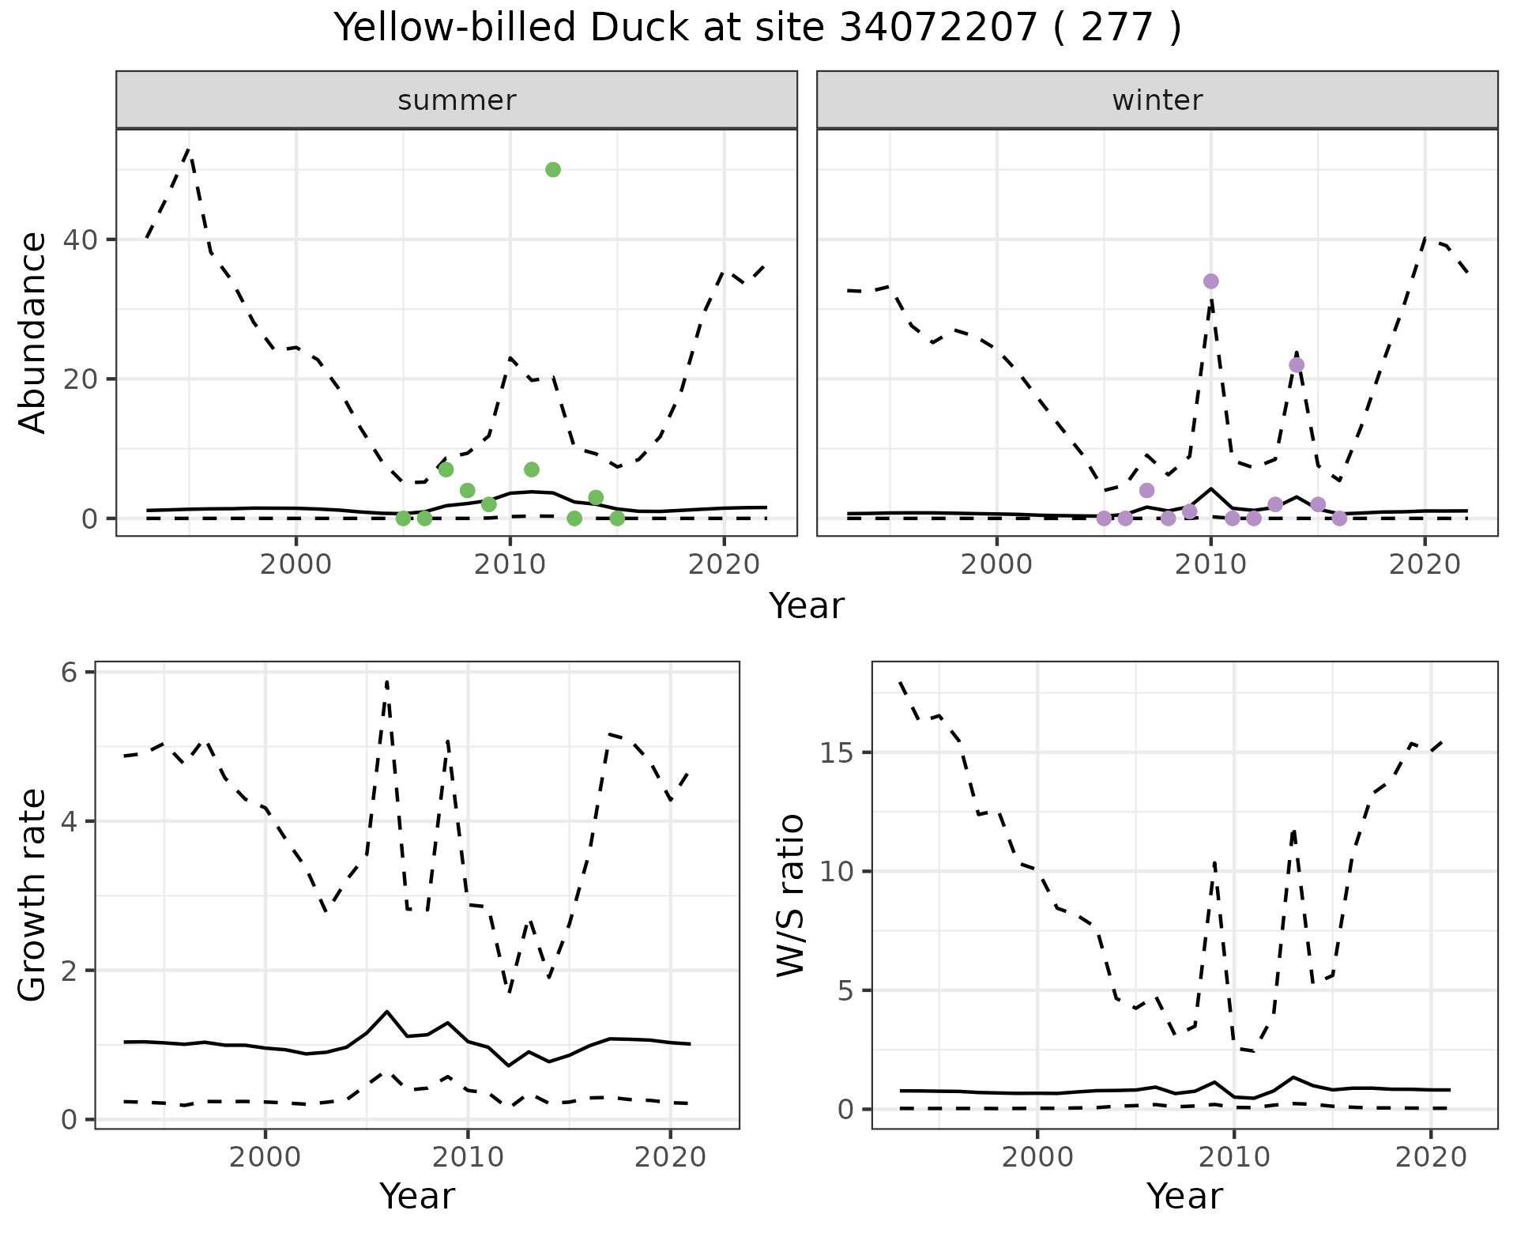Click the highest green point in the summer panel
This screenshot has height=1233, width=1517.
tap(553, 170)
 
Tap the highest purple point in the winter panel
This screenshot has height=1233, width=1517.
tap(1210, 281)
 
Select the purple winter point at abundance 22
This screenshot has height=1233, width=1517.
tap(1297, 365)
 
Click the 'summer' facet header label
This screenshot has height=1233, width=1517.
tap(457, 100)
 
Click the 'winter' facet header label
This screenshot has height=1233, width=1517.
tap(1158, 100)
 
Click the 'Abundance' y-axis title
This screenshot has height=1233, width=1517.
tap(33, 333)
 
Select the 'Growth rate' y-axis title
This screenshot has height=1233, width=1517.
tap(33, 896)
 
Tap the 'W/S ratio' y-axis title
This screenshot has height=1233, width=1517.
tap(790, 896)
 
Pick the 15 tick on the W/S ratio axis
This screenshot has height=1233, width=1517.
tap(839, 752)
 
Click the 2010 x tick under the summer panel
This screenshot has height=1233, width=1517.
tap(510, 564)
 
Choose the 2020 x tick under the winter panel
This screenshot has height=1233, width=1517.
tap(1425, 564)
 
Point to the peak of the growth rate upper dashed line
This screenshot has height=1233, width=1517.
tap(386, 681)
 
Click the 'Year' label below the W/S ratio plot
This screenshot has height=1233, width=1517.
tap(1184, 1196)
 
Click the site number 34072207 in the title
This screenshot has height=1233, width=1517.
tap(937, 28)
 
